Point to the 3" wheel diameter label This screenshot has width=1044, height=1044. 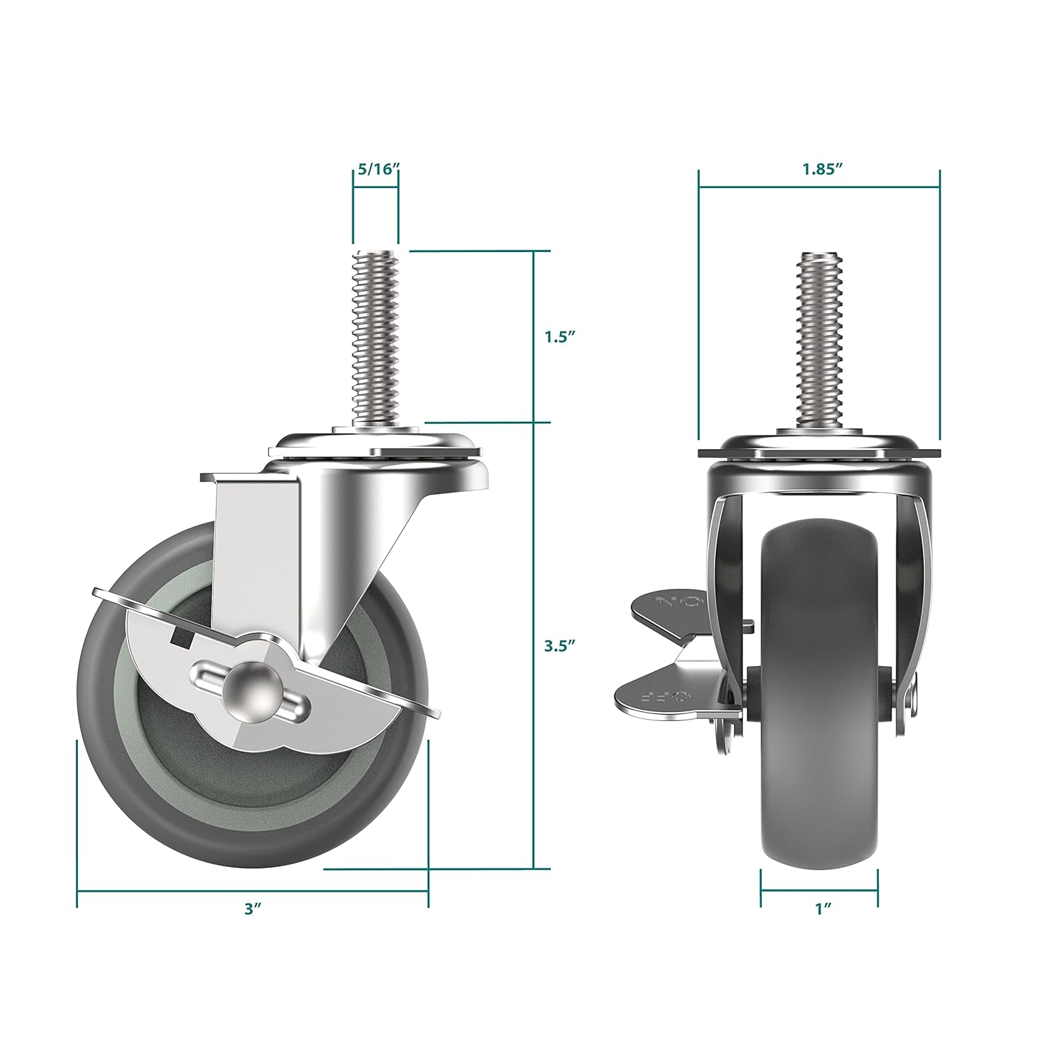(252, 908)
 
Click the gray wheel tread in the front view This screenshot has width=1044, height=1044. (819, 696)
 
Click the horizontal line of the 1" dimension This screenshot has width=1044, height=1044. (819, 889)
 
